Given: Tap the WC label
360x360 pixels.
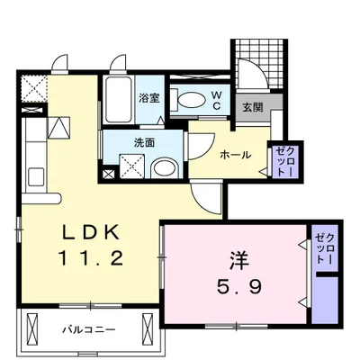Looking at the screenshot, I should tap(217, 99).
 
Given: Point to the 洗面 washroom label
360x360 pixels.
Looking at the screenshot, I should tap(122, 142).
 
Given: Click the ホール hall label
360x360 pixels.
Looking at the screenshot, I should tap(237, 153).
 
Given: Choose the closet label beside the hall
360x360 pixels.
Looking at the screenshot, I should tap(282, 159).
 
